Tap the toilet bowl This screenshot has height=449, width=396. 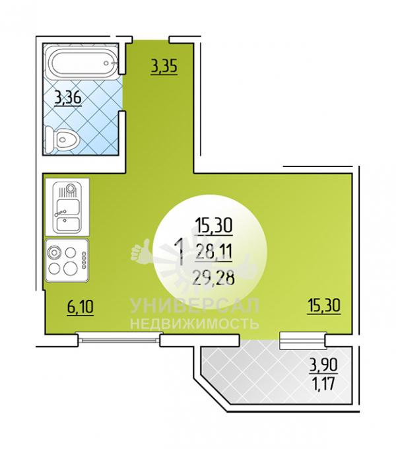(x=62, y=140)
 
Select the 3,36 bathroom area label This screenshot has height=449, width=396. (x=68, y=98)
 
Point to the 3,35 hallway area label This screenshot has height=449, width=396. (x=164, y=66)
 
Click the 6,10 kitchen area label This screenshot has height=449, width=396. (x=81, y=307)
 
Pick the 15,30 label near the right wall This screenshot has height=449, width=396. (x=324, y=305)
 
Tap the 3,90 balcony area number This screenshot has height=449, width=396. (x=323, y=364)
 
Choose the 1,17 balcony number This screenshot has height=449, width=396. (x=323, y=384)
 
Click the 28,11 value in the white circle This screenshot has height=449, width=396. (x=213, y=252)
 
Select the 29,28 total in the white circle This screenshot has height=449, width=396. (x=214, y=278)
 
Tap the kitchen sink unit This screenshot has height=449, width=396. (x=67, y=207)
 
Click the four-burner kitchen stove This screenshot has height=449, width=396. (x=67, y=261)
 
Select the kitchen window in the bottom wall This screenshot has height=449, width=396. (x=119, y=339)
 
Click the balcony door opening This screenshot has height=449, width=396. (x=303, y=341)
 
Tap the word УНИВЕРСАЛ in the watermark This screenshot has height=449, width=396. (x=195, y=306)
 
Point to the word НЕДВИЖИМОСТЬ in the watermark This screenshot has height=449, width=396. (x=195, y=324)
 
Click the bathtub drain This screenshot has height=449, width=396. (x=107, y=63)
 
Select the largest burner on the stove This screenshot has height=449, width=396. (x=71, y=268)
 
